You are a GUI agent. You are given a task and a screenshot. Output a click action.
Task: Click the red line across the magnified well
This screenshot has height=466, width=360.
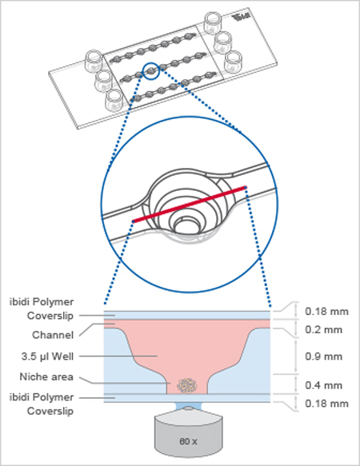(x=189, y=205)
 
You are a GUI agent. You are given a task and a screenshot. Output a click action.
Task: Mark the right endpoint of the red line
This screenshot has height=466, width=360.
(x=245, y=189)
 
